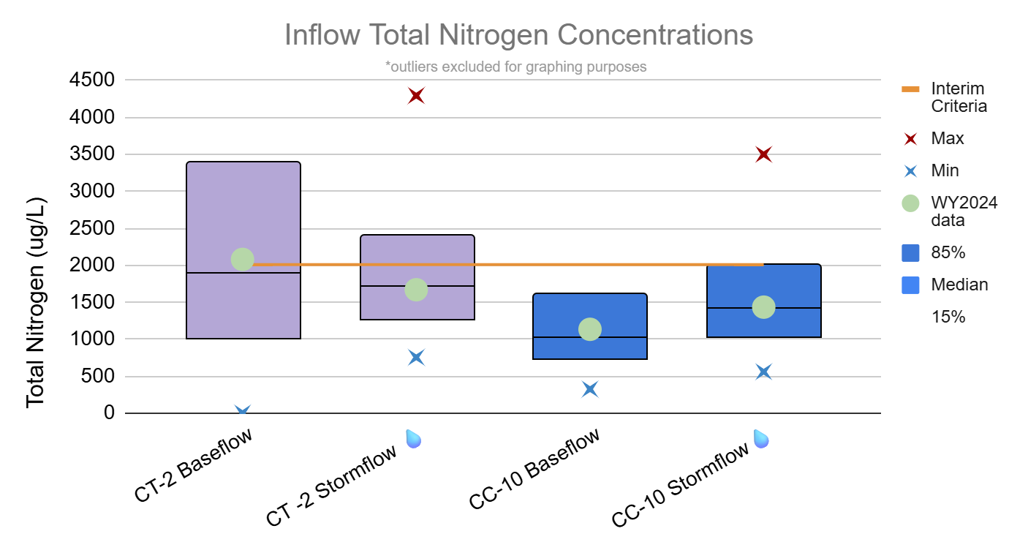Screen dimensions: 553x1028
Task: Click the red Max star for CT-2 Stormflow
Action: pos(417,96)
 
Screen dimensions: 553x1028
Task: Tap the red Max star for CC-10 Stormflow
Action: pos(764,154)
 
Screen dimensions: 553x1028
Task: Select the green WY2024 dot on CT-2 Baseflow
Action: pos(243,259)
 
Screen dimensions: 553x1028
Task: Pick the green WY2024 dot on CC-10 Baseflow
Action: pos(590,329)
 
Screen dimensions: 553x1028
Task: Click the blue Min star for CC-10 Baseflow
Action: pos(590,389)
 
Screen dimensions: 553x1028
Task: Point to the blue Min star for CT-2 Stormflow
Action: pos(417,357)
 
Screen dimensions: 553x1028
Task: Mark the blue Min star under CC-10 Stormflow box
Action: pos(764,372)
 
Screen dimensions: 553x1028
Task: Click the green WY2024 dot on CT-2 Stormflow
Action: pos(416,290)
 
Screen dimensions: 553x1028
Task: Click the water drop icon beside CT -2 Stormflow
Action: pos(414,438)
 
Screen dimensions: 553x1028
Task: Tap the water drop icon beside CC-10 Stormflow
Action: pos(761,438)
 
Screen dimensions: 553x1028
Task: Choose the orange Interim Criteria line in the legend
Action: pos(910,89)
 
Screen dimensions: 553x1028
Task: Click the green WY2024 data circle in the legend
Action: pos(910,203)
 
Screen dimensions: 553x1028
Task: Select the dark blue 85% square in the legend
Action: pos(910,252)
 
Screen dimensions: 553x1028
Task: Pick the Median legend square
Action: pos(910,285)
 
